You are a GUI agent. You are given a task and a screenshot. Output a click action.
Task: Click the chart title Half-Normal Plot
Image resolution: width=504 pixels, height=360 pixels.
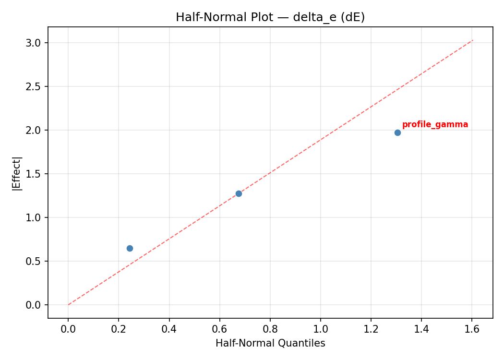click(270, 17)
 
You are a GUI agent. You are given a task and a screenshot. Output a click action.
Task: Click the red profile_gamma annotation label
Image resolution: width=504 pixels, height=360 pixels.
click(435, 125)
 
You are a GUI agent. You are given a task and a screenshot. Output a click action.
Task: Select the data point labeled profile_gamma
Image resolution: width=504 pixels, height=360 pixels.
click(397, 132)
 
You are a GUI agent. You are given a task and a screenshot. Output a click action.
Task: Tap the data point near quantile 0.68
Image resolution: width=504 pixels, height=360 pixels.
click(239, 193)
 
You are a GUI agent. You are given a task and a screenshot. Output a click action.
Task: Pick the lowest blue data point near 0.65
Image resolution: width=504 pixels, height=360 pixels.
click(130, 248)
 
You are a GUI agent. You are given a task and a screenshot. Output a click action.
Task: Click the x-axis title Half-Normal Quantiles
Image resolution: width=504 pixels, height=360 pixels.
click(270, 344)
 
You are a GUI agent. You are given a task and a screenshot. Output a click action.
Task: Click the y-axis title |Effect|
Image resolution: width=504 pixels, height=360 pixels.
click(17, 173)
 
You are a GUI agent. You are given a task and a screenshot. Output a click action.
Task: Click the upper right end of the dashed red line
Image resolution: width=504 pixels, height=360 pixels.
click(472, 40)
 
